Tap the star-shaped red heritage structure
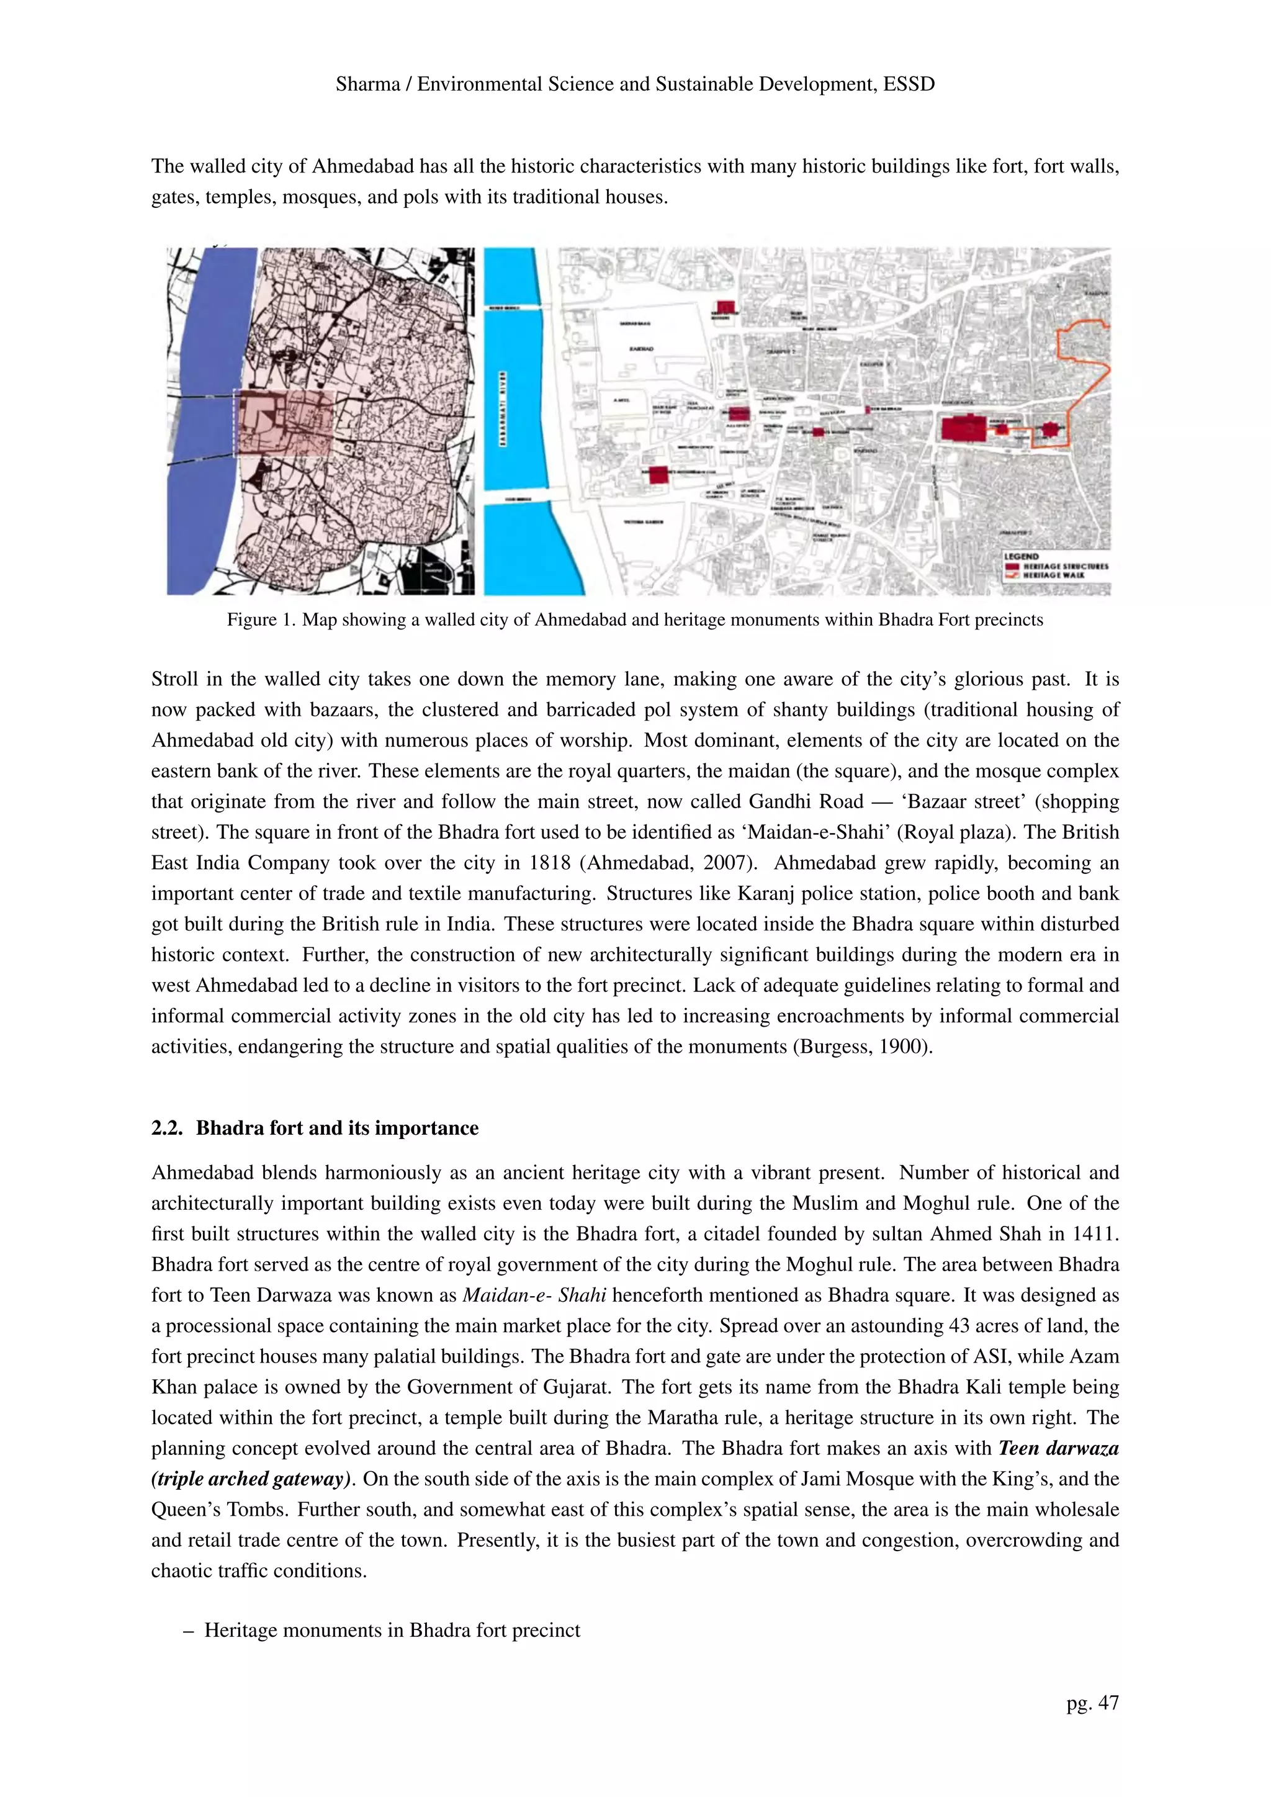point(1049,430)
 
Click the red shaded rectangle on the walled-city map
point(285,423)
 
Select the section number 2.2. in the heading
point(168,1128)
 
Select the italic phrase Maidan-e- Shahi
point(534,1295)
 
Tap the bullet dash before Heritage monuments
point(188,1630)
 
